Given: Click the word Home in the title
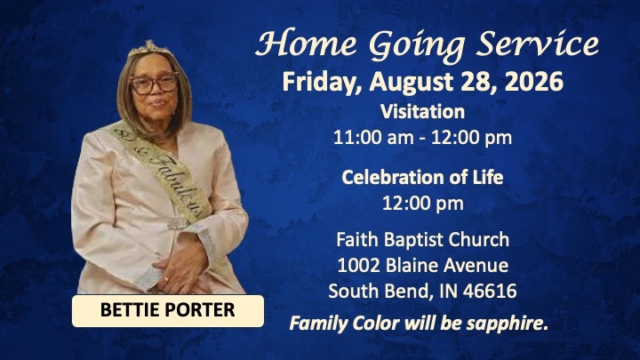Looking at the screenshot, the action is click(x=307, y=43).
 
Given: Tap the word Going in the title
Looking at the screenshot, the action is click(x=417, y=45).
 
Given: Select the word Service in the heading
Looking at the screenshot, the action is click(x=538, y=43).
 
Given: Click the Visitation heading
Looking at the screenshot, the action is click(x=422, y=111).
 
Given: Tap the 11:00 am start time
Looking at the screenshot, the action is click(x=373, y=138).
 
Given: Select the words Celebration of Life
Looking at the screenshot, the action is click(x=422, y=177).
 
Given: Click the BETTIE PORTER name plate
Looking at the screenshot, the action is click(x=168, y=310).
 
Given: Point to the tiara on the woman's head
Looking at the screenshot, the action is click(x=148, y=48).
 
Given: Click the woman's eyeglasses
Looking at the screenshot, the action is click(x=154, y=84).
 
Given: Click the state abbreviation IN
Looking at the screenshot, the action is click(x=449, y=292).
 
